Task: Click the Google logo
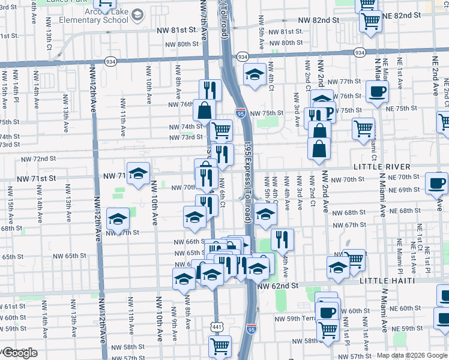tap(19, 353)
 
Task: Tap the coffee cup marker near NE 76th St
tap(377, 92)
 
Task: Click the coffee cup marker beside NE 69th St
tap(436, 182)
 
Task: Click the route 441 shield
tap(216, 326)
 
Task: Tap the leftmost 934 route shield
tap(110, 61)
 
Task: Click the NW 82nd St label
tap(318, 20)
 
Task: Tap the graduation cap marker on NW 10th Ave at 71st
tap(138, 174)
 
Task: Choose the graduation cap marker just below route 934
tap(255, 75)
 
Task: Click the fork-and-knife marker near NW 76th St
tap(210, 90)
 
